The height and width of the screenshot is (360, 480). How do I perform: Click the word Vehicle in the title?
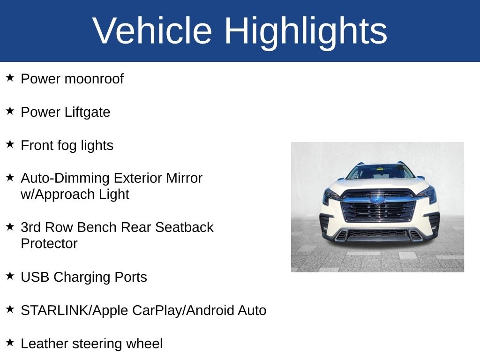[152, 31]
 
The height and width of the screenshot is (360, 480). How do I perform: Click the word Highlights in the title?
[305, 31]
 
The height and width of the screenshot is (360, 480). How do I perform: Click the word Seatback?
[184, 227]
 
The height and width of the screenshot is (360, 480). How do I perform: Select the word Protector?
[49, 243]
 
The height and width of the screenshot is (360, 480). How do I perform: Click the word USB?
[35, 277]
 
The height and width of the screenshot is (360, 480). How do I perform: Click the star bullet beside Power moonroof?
[10, 77]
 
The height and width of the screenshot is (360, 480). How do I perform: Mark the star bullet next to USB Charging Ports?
[10, 276]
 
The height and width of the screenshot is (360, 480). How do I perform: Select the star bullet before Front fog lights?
[10, 144]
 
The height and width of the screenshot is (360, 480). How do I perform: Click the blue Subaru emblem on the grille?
[377, 200]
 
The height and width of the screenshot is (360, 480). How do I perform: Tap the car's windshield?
[380, 172]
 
